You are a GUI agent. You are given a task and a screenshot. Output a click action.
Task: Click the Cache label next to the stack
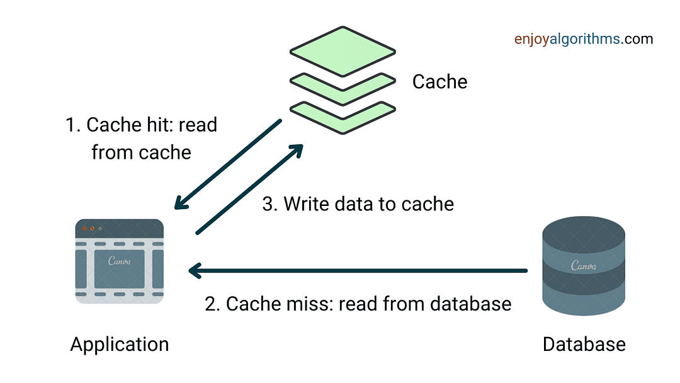(439, 82)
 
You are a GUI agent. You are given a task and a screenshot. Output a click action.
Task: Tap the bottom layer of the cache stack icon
(343, 117)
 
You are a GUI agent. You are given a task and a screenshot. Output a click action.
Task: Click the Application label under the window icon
(120, 345)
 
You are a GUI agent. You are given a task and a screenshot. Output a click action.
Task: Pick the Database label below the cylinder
(584, 345)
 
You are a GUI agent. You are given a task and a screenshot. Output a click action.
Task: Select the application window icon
(120, 262)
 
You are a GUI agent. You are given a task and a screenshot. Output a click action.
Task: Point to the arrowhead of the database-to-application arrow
(193, 271)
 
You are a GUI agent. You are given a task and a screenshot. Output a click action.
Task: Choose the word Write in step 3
(307, 203)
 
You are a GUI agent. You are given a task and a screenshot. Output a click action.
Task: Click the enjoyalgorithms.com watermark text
(583, 39)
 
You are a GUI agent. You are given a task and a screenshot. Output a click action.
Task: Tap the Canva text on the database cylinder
(584, 265)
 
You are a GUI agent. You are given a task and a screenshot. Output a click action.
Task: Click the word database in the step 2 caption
(471, 304)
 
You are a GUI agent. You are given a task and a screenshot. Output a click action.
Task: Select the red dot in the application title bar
(84, 228)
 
